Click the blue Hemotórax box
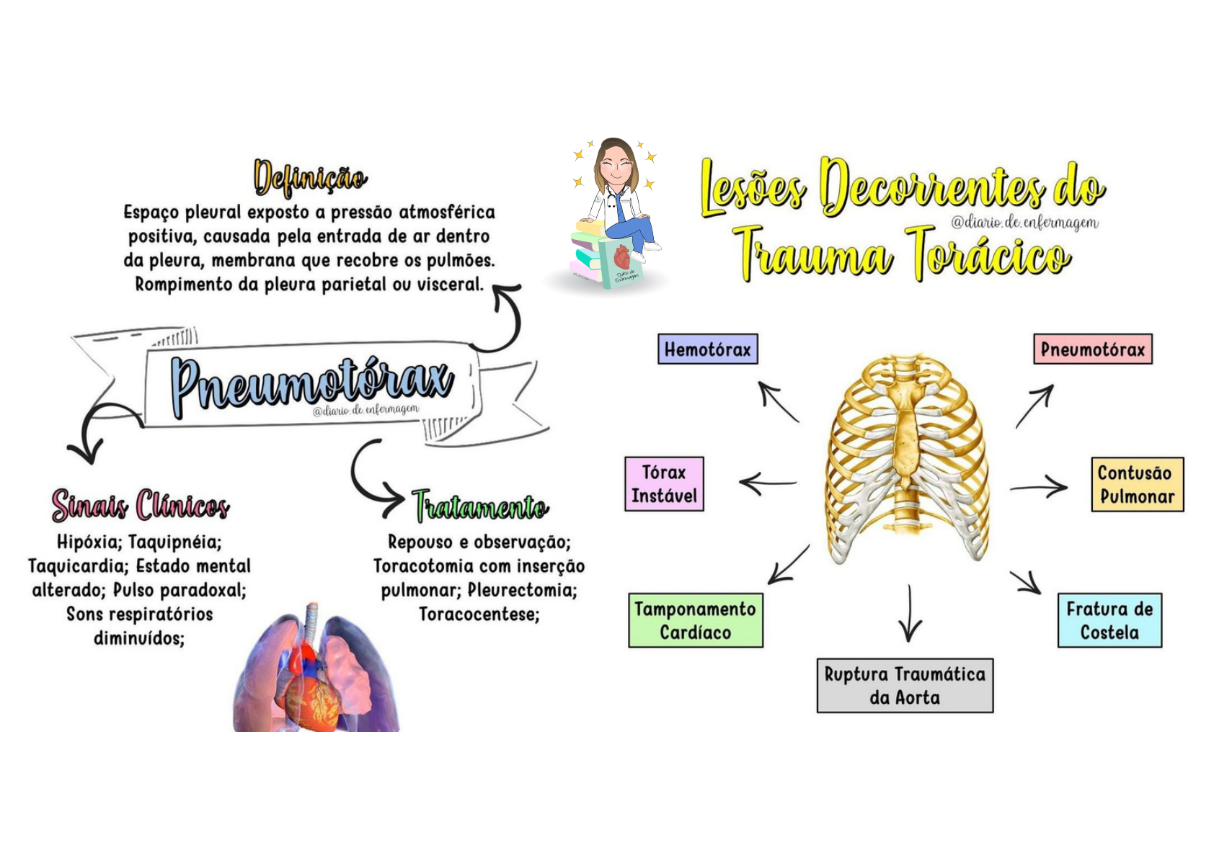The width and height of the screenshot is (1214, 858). pos(707,349)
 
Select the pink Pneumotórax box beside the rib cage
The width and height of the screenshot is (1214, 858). pos(1092,349)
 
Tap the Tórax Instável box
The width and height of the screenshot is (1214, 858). pos(664,484)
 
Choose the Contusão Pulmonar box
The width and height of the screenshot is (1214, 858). pos(1137,485)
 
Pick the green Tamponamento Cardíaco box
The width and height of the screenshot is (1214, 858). pos(695,620)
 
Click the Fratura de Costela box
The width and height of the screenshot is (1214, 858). pos(1109,620)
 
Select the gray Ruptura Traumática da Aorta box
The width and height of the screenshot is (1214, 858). pos(905,685)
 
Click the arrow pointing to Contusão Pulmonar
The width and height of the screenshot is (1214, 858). pos(1039,488)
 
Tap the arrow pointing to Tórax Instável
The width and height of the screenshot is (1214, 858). pos(768,483)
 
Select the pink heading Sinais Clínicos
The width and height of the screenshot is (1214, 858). pos(141,505)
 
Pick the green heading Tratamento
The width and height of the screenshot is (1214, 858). pos(480,506)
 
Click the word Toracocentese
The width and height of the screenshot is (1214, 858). pos(479,615)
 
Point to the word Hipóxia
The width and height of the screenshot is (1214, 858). pos(89,542)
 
